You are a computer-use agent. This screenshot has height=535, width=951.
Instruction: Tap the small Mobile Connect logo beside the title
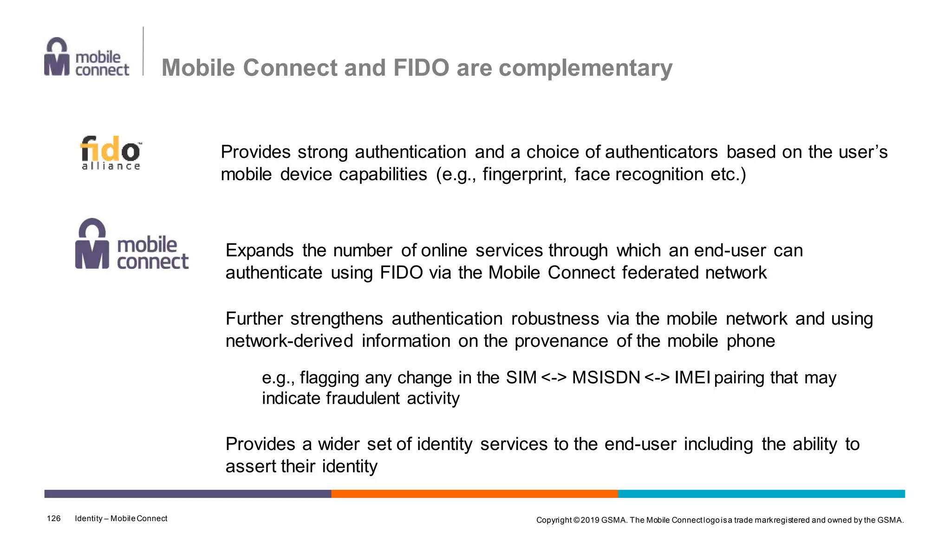(87, 57)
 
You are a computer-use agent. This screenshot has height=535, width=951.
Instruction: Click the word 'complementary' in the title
(585, 68)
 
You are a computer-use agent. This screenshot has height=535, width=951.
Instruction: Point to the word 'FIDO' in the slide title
(421, 68)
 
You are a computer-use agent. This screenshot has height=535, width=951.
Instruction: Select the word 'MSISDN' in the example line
(606, 378)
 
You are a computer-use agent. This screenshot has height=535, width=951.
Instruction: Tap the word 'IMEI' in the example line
(692, 378)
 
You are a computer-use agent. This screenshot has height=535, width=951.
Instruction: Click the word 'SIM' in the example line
(521, 378)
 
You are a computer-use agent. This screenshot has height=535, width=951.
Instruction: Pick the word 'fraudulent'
(363, 398)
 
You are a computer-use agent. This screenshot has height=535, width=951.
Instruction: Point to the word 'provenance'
(561, 341)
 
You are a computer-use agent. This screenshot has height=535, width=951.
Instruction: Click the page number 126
(54, 519)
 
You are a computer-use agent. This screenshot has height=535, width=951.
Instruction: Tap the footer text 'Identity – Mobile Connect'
(121, 519)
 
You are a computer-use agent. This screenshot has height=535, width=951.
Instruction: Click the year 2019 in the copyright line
(590, 520)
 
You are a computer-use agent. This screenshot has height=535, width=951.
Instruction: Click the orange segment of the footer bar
(475, 494)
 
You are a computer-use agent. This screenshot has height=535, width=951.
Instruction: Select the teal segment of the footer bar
(762, 494)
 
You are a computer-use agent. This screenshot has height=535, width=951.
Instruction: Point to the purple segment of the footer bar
(188, 494)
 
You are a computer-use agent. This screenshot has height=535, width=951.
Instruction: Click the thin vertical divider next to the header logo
(143, 51)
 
